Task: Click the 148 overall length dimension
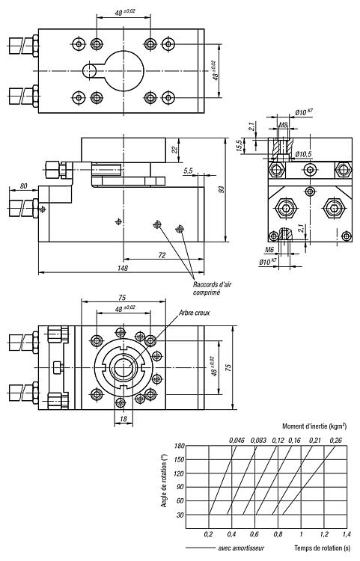coord(123,268)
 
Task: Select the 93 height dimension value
coord(222,189)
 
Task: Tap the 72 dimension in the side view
coord(162,255)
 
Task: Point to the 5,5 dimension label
coord(188,171)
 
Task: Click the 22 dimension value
coord(174,150)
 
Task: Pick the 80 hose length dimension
coord(24,186)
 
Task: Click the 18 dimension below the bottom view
coord(123,420)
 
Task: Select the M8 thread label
coord(284,125)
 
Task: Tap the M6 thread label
coord(270,249)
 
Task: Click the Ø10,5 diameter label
coord(303,154)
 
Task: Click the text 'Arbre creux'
coord(195,313)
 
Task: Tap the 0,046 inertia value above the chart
coord(237,440)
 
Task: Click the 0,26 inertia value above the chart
coord(335,440)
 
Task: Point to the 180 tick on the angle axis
coord(180,446)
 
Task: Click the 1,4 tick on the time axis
coord(347,534)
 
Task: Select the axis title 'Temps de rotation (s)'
coord(323,548)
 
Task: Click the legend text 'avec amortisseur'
coord(241,548)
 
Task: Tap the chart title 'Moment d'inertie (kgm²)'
coord(314,426)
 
